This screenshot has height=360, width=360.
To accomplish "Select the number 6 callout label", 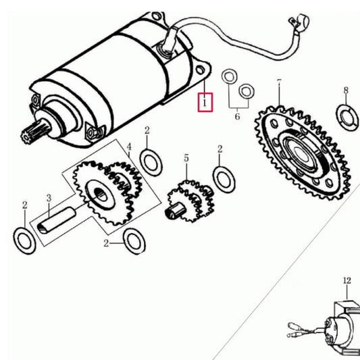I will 237,116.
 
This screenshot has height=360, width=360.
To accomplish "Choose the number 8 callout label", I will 346,91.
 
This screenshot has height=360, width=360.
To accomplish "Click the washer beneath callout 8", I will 346,115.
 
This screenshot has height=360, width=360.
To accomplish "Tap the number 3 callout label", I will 49,198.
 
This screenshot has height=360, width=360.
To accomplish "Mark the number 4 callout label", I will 129,145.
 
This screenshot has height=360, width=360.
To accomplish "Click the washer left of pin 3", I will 25,239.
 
